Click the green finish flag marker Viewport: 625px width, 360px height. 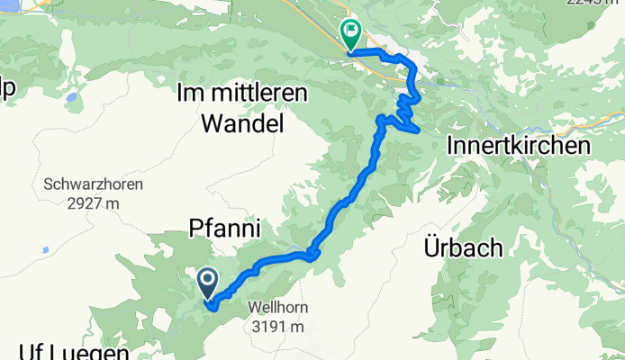(349, 35)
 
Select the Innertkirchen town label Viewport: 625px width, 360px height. (518, 145)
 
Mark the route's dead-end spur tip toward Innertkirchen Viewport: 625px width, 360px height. (419, 130)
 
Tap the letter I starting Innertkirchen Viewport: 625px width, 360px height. (449, 145)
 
